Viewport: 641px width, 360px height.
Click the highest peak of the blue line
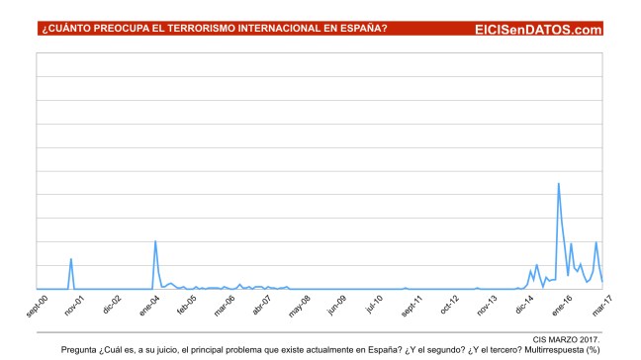tap(559, 183)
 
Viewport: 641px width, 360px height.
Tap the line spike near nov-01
tap(71, 259)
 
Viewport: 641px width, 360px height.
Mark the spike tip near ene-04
tap(155, 241)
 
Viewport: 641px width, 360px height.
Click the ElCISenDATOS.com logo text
tap(538, 30)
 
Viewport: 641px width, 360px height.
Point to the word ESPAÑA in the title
tap(355, 31)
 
